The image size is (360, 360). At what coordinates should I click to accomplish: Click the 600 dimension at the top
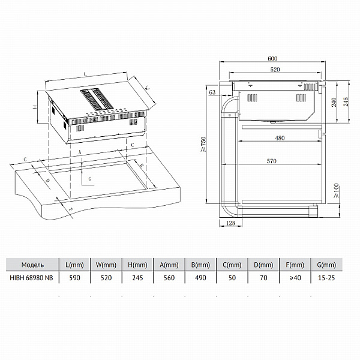coord(272,59)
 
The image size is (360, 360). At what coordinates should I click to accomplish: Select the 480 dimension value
coord(280,138)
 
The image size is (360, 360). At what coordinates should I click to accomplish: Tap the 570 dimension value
coord(271,161)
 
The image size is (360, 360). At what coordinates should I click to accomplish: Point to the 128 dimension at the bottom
coord(231,223)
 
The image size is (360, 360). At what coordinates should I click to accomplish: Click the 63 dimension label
coord(212,92)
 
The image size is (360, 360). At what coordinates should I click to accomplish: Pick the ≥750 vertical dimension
coord(203,144)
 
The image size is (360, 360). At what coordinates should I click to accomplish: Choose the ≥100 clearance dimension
coord(336,191)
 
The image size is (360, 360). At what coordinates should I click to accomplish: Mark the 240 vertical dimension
coord(334,102)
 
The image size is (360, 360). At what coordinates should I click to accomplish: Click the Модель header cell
coord(32,265)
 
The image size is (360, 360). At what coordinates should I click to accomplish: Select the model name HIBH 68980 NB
coord(31,278)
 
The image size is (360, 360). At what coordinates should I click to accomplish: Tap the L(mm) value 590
coord(74,278)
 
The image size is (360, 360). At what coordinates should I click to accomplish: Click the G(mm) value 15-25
coord(326,278)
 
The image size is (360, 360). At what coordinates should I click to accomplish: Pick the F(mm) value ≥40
coord(295,278)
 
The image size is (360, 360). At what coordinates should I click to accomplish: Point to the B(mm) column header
coord(200,265)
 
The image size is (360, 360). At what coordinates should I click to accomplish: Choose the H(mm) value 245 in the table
coord(137,278)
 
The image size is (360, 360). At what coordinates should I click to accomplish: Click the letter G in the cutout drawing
coord(90,179)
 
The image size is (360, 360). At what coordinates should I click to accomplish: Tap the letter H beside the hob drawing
coord(35,107)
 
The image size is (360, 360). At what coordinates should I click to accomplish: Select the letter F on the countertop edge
coord(71,209)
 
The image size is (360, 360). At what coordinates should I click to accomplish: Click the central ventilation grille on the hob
coord(97,99)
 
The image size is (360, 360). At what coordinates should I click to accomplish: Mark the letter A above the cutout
coord(80,152)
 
